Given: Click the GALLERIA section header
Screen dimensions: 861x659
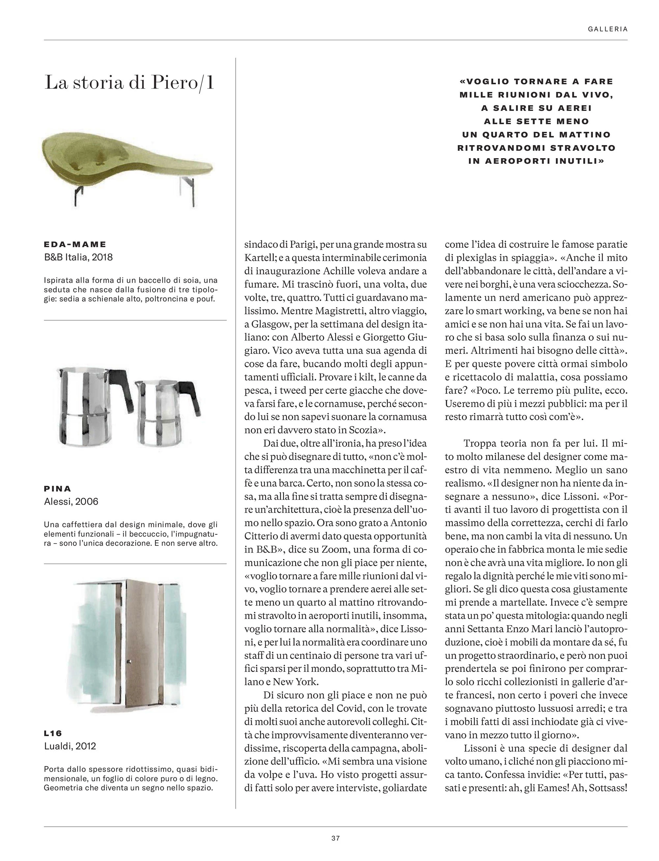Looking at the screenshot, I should pyautogui.click(x=608, y=29).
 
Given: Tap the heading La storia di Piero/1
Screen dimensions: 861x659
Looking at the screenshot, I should pyautogui.click(x=129, y=83).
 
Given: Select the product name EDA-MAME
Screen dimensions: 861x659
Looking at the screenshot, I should pyautogui.click(x=75, y=244).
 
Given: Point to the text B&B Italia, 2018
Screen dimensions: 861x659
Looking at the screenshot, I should pyautogui.click(x=78, y=257).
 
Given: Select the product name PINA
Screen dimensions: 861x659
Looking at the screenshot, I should pyautogui.click(x=58, y=489).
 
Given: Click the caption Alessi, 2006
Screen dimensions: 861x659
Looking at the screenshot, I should pyautogui.click(x=71, y=502).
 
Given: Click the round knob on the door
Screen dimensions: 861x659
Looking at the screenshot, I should pyautogui.click(x=129, y=663).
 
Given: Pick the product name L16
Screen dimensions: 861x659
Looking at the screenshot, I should pyautogui.click(x=53, y=733).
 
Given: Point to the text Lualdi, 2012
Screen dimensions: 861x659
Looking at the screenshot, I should pyautogui.click(x=70, y=746).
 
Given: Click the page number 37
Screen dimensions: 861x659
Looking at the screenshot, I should pyautogui.click(x=335, y=838).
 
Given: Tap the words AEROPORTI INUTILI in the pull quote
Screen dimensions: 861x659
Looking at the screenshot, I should pyautogui.click(x=541, y=161).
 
